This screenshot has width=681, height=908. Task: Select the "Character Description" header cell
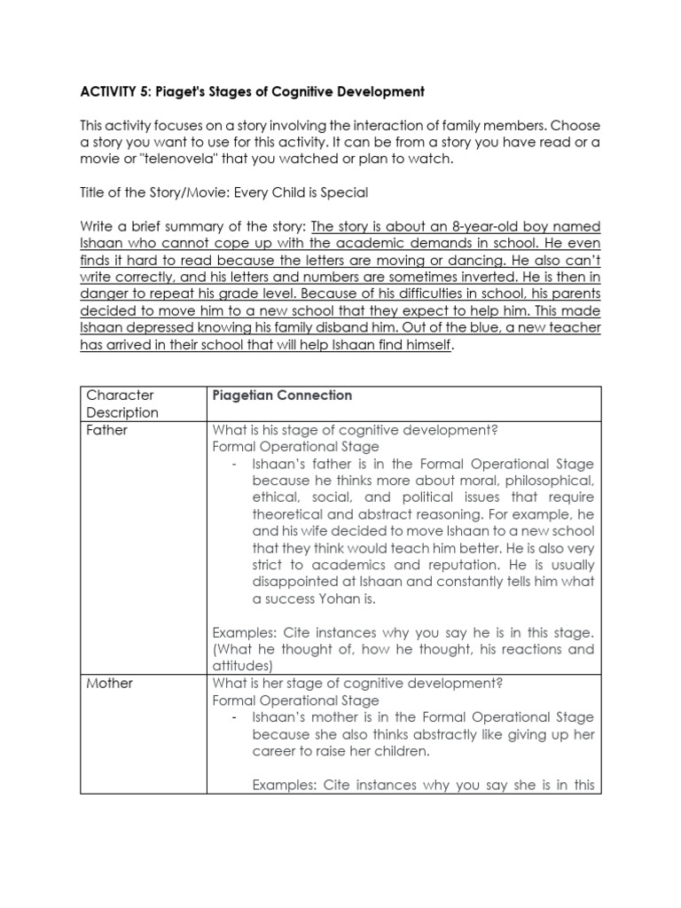[x=121, y=403]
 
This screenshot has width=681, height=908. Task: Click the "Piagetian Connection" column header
[x=282, y=395]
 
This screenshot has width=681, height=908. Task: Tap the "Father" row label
[x=106, y=430]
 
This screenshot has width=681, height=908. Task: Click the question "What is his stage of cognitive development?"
[x=355, y=430]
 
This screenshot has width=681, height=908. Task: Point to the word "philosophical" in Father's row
[x=552, y=481]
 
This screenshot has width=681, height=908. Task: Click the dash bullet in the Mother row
[x=233, y=716]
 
